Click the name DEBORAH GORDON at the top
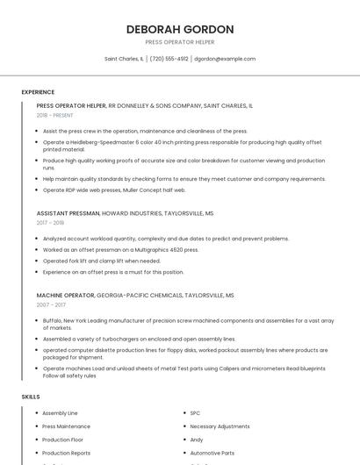coord(180,29)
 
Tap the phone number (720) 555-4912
coord(169,59)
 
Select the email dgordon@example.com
coord(225,59)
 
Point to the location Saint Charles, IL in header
coord(124,59)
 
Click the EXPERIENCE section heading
coord(38,92)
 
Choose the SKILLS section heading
coord(31,397)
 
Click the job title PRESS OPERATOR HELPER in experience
coord(71,105)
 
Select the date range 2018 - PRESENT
coord(55,115)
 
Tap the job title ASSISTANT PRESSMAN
coord(68,213)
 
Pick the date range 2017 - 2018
coord(50,223)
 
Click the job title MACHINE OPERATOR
coord(65,296)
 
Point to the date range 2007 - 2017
coord(51,305)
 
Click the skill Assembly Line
coord(61,412)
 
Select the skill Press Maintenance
coord(66,426)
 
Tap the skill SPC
coord(196,412)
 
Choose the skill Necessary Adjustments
coord(220,426)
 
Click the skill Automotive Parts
coord(212,453)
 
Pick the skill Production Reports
coord(66,453)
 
